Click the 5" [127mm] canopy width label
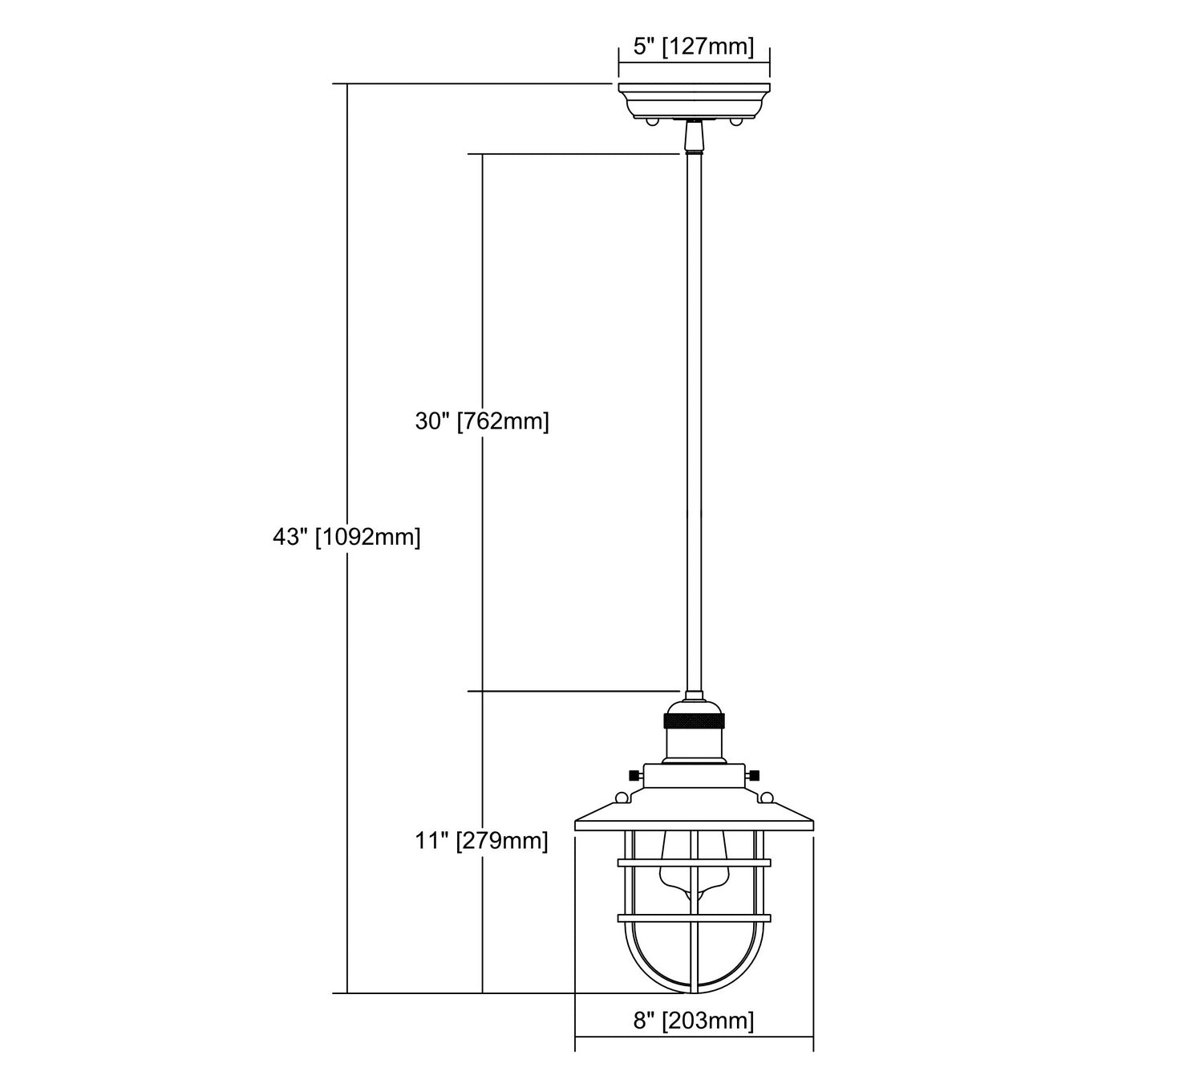[x=694, y=47]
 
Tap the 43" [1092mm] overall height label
[x=346, y=537]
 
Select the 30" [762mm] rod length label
[x=482, y=421]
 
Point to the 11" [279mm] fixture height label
[x=481, y=841]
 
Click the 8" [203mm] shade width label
[x=694, y=1020]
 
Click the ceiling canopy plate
[x=694, y=101]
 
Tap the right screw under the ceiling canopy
[x=735, y=122]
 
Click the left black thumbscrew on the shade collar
[x=635, y=775]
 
